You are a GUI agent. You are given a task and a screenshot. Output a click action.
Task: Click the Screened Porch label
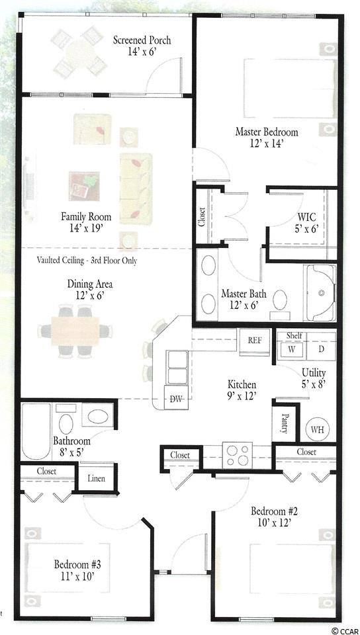click(142, 40)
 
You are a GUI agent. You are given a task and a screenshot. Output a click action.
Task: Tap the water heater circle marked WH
click(318, 429)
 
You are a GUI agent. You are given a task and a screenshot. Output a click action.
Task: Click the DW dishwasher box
click(175, 399)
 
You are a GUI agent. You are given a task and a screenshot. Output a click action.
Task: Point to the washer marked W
click(291, 349)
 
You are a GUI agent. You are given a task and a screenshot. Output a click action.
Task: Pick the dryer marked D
click(321, 349)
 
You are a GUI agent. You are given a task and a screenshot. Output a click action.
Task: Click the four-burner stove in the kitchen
click(238, 455)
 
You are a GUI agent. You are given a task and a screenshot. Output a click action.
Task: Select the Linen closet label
click(97, 478)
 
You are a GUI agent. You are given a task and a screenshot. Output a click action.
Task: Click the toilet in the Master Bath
click(280, 302)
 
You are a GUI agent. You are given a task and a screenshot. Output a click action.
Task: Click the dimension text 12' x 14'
click(267, 143)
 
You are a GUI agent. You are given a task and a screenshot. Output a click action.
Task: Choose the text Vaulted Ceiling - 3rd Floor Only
click(87, 261)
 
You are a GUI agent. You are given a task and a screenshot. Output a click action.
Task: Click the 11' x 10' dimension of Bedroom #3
click(77, 575)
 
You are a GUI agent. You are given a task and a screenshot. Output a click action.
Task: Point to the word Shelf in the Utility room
click(294, 336)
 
